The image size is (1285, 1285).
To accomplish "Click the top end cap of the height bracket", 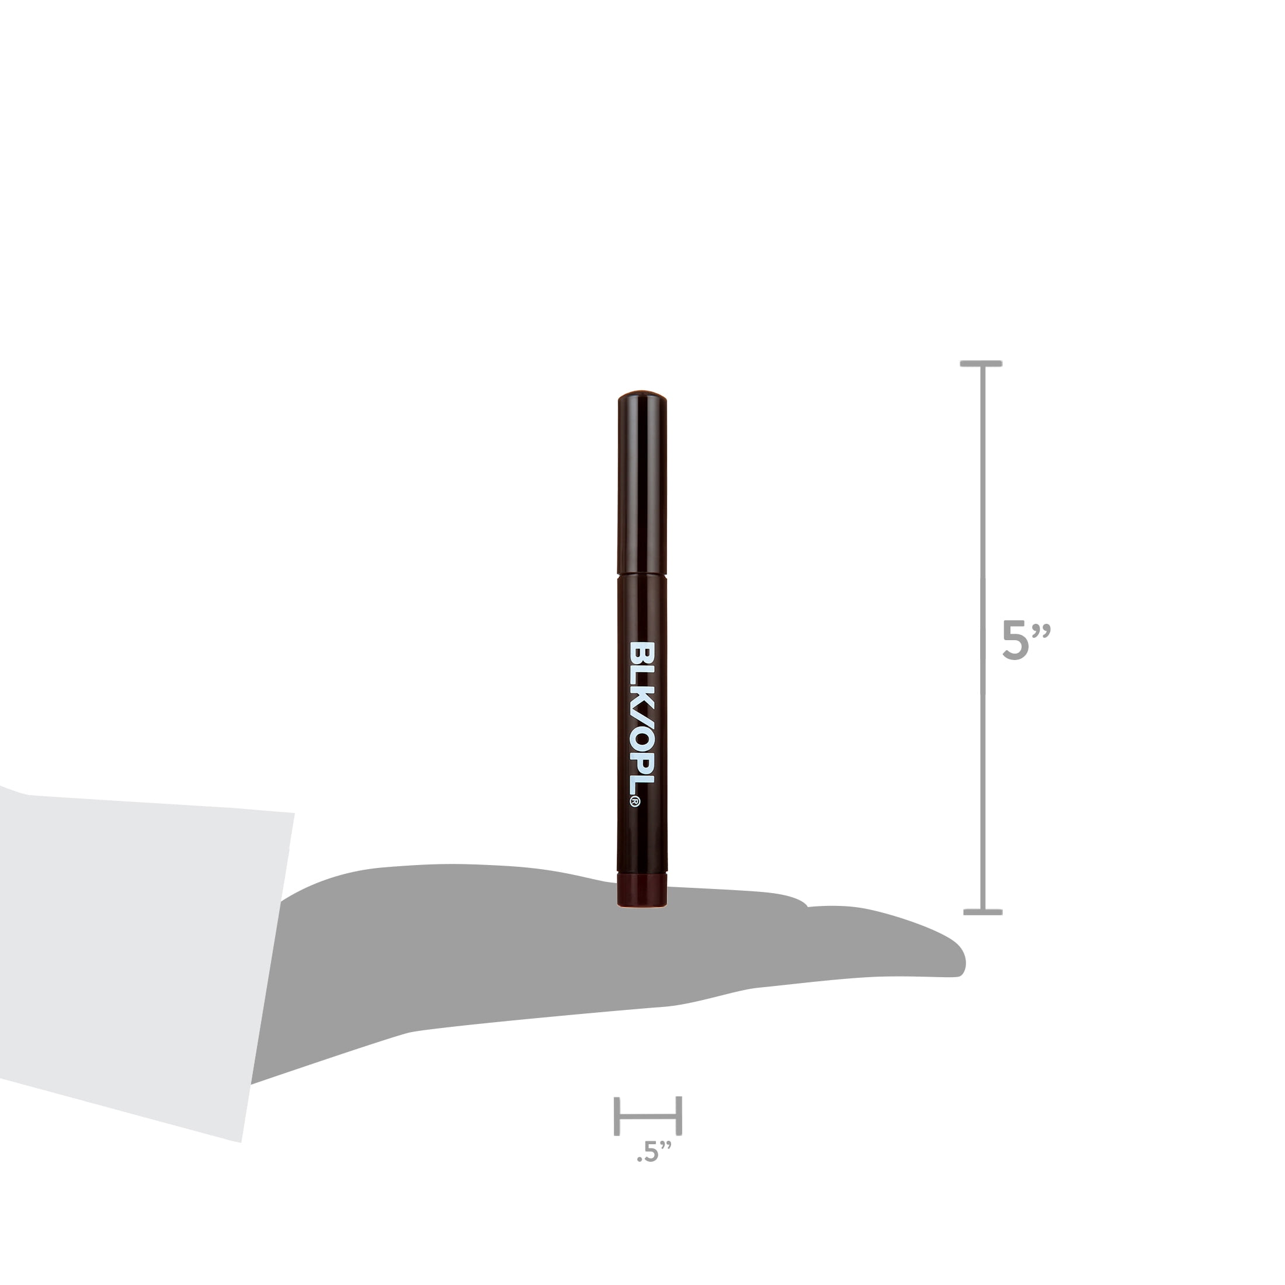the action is (x=981, y=364).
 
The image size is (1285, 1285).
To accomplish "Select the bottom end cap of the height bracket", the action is (x=982, y=912).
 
